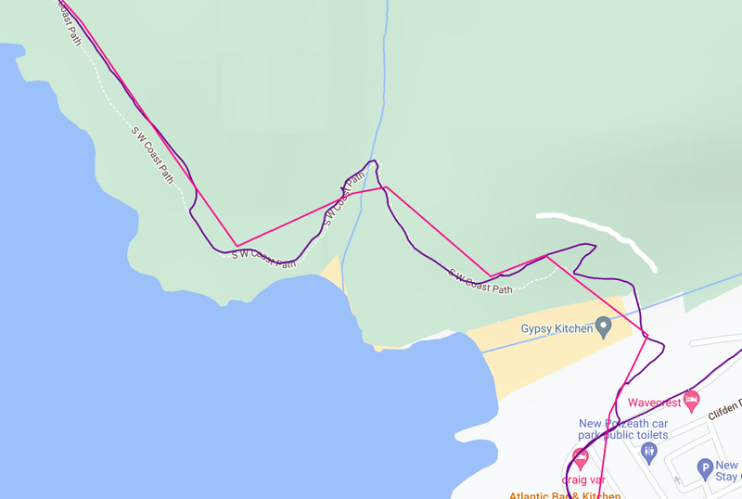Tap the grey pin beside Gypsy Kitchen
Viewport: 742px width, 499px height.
[x=604, y=326]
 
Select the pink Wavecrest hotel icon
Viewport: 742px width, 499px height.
[x=691, y=401]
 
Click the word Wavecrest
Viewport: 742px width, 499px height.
[x=655, y=403]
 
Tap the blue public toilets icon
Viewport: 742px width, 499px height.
[x=648, y=453]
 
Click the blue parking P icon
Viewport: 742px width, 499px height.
[x=705, y=469]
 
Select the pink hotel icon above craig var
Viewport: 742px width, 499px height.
[x=581, y=457]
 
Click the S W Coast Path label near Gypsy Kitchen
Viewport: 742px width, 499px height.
[x=480, y=281]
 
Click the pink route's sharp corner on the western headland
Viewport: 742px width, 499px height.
[x=237, y=246]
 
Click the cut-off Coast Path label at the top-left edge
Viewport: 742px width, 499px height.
[x=69, y=23]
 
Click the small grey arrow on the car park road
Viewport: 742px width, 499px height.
[x=676, y=480]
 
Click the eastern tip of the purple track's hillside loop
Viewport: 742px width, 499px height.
[x=595, y=247]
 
